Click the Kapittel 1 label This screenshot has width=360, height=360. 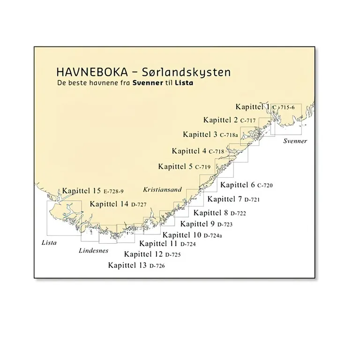(253, 107)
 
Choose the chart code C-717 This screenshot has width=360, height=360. (248, 121)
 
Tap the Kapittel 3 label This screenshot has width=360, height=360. (200, 135)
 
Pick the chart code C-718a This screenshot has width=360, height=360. (230, 135)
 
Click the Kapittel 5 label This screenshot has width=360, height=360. (175, 166)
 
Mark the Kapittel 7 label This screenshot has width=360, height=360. (224, 199)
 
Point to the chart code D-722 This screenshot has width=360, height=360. (238, 213)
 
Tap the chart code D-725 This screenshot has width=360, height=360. (172, 255)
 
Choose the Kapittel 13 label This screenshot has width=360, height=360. (127, 265)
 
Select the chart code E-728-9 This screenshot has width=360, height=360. (113, 191)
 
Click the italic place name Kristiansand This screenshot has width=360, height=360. (162, 190)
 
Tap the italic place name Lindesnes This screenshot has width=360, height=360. (93, 251)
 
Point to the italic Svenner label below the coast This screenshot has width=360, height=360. (295, 141)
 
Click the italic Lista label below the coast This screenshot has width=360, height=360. (49, 243)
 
